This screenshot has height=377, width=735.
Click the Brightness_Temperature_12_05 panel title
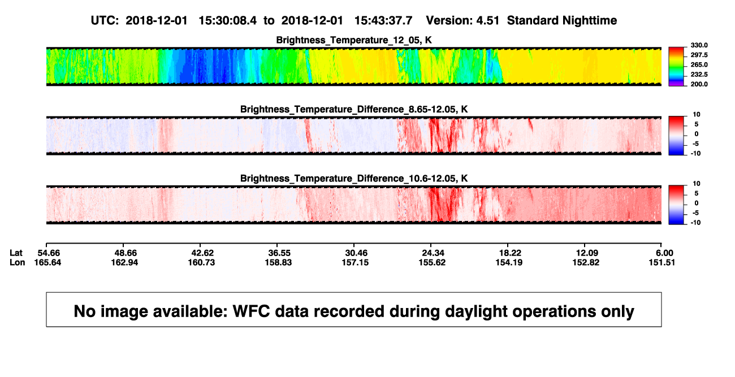354,40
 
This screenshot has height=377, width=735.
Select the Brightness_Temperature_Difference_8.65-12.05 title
354,109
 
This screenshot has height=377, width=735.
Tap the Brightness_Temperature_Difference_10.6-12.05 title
354,179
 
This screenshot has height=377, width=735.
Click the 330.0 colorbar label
699,45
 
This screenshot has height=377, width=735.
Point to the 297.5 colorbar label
699,55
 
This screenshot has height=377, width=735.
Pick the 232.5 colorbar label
699,75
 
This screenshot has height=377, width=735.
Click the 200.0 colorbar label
699,84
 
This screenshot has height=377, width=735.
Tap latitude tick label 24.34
433,253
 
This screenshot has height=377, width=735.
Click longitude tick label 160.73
201,262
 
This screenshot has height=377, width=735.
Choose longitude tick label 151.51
661,262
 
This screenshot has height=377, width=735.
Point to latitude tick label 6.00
664,253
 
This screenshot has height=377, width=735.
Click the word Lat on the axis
16,253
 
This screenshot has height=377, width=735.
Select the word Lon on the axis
18,262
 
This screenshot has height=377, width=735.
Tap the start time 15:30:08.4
228,21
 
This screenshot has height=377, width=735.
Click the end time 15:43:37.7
383,21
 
